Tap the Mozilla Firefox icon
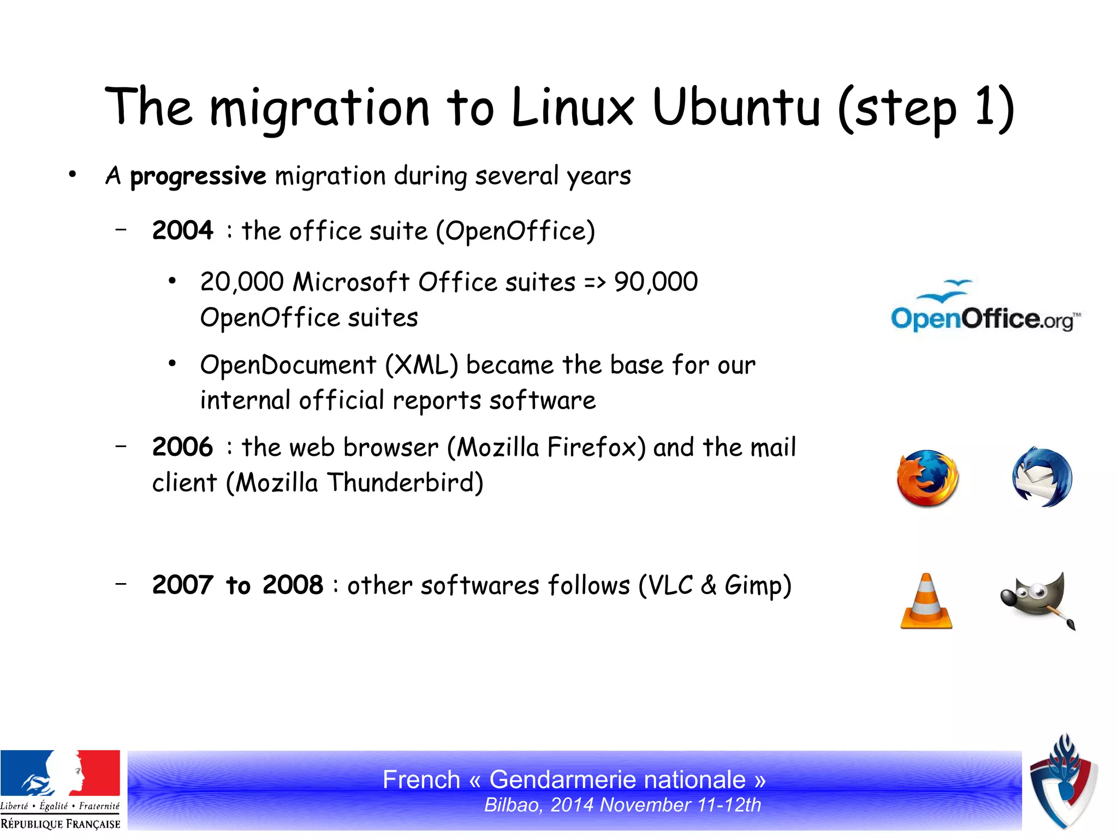tap(927, 478)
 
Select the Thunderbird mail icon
tap(1042, 478)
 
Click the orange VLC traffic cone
tap(926, 602)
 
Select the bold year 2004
tap(182, 230)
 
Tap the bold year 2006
tap(182, 447)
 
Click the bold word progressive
tap(198, 176)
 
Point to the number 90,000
tap(656, 282)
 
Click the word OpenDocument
tap(288, 365)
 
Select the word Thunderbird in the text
tap(405, 483)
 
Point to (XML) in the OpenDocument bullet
tap(421, 365)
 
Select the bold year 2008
tap(293, 585)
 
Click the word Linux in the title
tap(573, 107)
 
